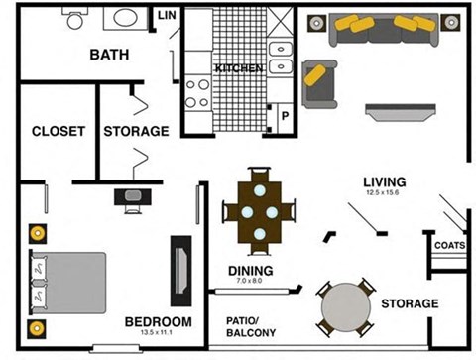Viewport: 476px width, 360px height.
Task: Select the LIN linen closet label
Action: point(166,15)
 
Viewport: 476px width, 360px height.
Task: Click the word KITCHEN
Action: point(239,68)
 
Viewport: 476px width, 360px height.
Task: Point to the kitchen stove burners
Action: point(197,92)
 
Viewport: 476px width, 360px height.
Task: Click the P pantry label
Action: point(285,116)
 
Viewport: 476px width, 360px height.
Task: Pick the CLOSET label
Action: point(58,131)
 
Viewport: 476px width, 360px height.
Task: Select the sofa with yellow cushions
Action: point(386,28)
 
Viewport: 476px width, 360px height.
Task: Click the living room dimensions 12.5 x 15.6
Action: point(384,192)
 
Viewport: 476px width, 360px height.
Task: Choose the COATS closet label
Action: point(449,245)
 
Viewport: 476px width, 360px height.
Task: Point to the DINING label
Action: point(250,270)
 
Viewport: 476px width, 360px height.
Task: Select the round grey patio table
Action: point(346,308)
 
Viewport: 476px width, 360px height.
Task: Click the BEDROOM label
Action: point(158,321)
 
